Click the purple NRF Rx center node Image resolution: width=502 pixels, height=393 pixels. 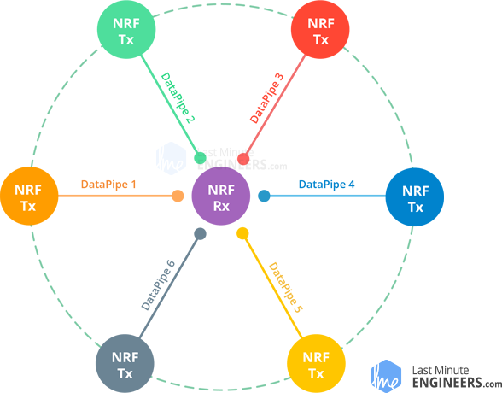tap(221, 196)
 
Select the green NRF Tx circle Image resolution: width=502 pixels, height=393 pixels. tap(126, 29)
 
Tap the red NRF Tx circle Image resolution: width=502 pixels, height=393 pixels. tap(320, 29)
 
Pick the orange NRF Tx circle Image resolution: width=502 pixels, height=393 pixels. tap(29, 196)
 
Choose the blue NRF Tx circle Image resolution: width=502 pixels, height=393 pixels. tap(415, 197)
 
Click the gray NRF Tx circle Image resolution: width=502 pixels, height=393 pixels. tap(125, 364)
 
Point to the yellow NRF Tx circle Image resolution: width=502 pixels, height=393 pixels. tap(316, 364)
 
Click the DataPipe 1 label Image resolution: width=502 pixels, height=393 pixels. tap(108, 185)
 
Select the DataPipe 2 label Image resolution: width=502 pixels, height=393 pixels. tap(178, 97)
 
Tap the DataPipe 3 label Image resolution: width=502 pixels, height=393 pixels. tap(266, 98)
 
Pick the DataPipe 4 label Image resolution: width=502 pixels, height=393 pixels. tap(326, 185)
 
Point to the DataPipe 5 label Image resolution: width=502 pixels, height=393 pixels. tap(285, 287)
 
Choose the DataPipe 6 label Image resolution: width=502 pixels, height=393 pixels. tap(158, 285)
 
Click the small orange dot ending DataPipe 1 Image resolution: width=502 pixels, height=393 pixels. tap(178, 196)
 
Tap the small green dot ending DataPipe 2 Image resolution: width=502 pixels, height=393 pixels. tap(201, 158)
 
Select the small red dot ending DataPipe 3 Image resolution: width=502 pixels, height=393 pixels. tap(243, 159)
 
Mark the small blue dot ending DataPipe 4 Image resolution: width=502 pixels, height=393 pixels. tap(264, 196)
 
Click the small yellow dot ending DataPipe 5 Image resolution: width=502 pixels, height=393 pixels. tap(242, 233)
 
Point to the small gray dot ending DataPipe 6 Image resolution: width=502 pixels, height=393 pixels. tap(200, 234)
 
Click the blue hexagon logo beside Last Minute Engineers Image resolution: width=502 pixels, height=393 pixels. tap(386, 377)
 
